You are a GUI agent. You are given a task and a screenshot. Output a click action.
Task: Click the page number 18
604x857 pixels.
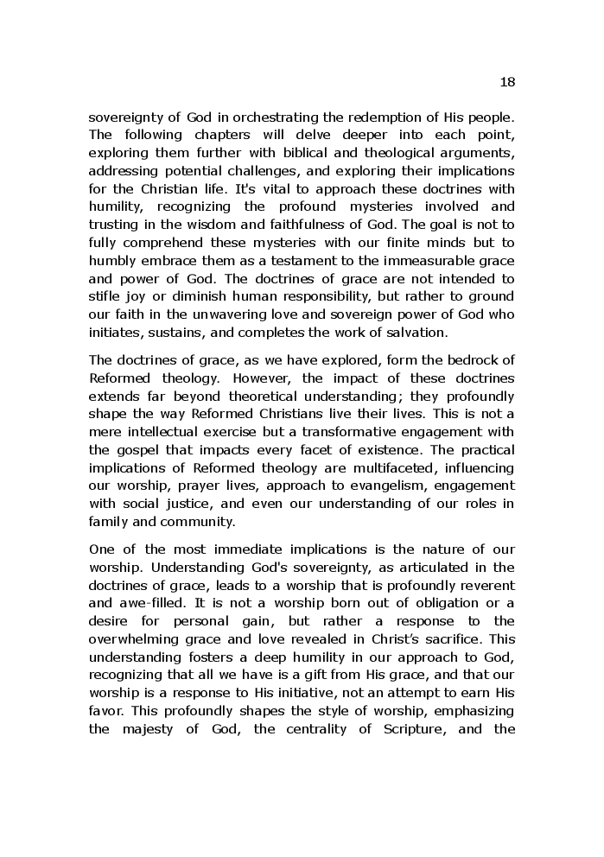point(507,82)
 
